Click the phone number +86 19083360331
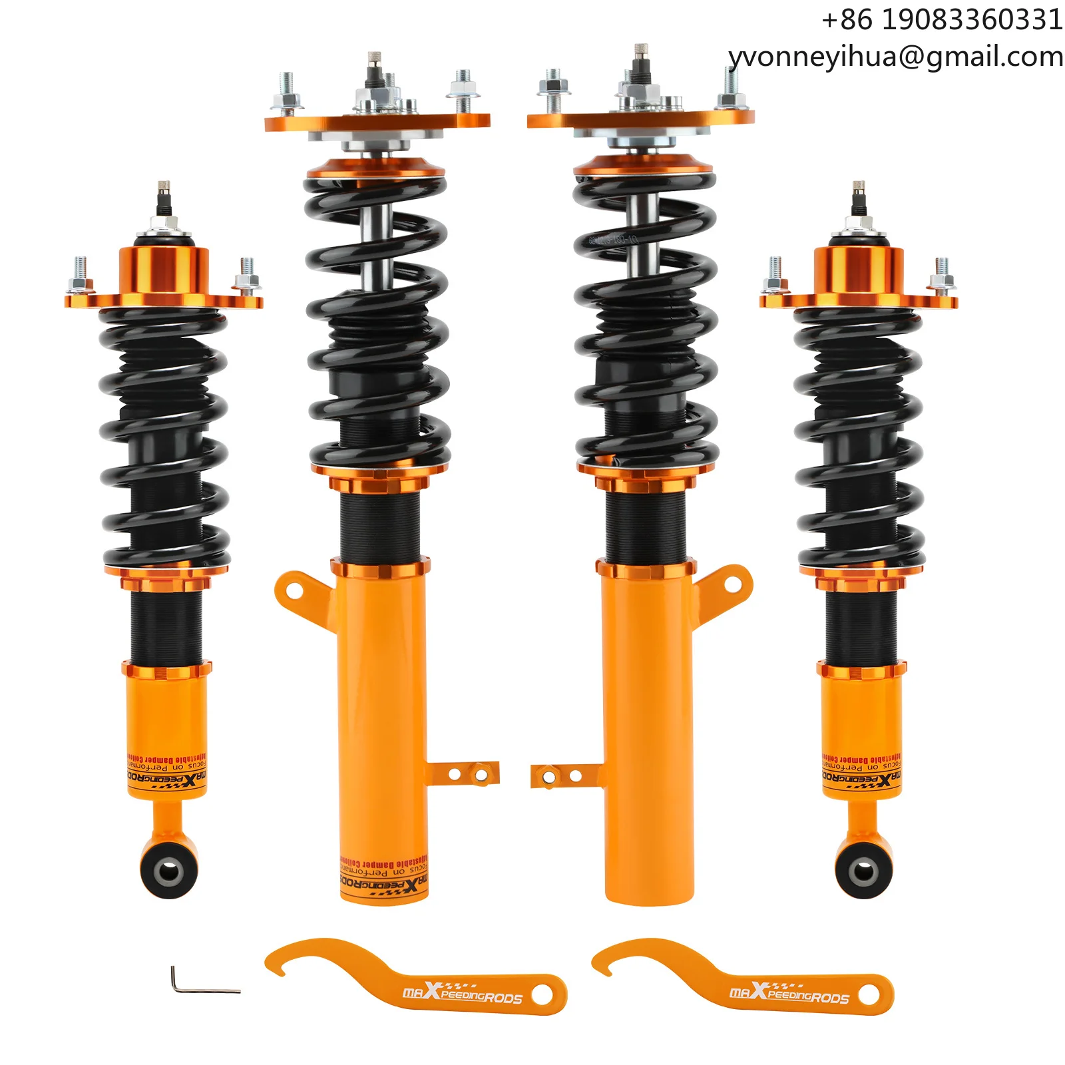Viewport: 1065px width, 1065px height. click(x=941, y=20)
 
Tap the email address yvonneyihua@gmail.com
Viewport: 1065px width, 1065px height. click(x=896, y=57)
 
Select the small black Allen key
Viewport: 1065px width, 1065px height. click(x=200, y=982)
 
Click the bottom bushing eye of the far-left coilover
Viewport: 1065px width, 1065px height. click(x=168, y=870)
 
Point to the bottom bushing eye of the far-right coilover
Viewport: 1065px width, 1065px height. click(x=864, y=870)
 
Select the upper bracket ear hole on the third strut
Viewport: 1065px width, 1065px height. click(x=734, y=584)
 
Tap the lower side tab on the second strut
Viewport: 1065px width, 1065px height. click(x=466, y=774)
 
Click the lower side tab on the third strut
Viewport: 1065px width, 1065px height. click(x=562, y=776)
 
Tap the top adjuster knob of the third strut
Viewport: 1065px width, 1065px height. click(x=641, y=53)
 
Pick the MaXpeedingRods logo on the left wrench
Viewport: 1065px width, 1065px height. click(x=462, y=994)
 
